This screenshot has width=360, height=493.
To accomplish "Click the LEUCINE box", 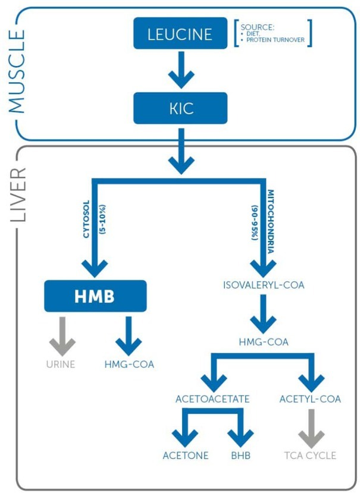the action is [180, 33].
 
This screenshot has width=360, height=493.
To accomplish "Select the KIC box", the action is [180, 108].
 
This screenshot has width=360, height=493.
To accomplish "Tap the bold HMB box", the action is [95, 296].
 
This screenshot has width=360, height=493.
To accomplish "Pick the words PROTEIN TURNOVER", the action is [276, 40].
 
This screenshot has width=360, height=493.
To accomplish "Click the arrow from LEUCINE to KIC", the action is [181, 70].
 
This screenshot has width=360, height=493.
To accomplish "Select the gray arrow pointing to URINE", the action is [62, 336].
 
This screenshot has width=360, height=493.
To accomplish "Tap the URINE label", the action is [61, 365].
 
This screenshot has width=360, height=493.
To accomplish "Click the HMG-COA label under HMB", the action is [129, 365].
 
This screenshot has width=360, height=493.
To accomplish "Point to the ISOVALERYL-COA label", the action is [264, 285].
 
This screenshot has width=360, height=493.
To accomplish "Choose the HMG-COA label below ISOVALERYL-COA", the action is [264, 342].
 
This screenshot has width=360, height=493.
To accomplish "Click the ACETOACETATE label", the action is [212, 399].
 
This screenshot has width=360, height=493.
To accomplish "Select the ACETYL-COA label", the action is [310, 399].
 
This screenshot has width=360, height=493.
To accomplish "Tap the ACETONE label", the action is [186, 456].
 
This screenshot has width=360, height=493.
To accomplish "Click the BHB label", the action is [241, 456].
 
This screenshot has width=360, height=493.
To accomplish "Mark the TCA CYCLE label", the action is [310, 456].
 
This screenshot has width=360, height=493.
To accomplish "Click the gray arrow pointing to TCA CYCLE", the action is [311, 429].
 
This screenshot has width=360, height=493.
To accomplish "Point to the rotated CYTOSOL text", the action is [86, 219].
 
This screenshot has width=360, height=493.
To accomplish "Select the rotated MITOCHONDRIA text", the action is [271, 221].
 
